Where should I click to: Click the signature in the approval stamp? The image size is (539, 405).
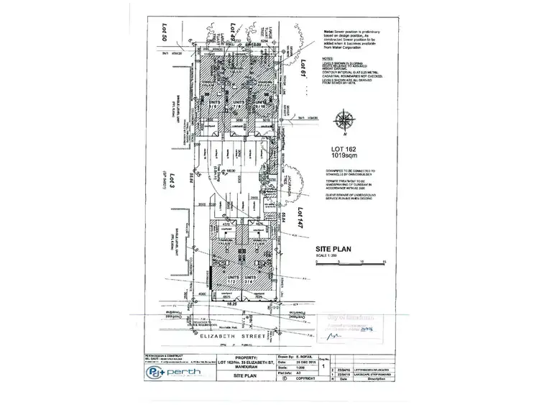click(333, 335)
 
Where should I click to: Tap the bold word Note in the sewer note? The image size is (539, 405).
click(328, 32)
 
